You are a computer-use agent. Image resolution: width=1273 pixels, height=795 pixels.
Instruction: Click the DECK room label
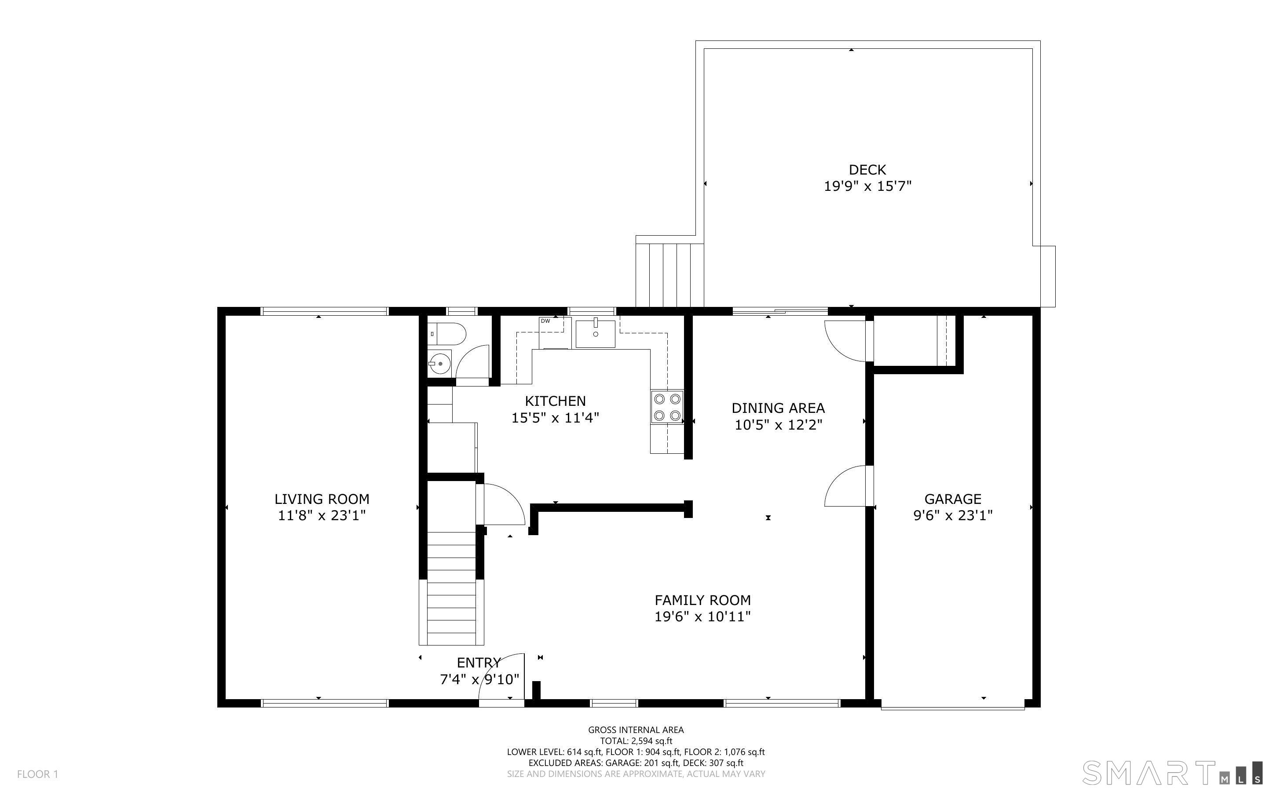coord(867,170)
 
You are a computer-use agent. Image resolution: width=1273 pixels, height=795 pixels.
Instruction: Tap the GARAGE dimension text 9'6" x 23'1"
coord(953,515)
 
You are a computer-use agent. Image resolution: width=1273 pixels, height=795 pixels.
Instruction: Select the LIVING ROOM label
coord(322,499)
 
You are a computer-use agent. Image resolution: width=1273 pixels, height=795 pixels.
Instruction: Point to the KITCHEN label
coord(555,401)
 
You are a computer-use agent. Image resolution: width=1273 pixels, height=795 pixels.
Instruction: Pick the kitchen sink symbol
coord(595,333)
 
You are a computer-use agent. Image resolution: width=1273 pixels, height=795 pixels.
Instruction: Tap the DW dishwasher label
coord(545,321)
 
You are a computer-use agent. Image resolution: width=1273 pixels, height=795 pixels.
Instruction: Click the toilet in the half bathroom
coord(446,334)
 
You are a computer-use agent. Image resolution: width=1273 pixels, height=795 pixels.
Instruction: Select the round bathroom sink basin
coord(439,363)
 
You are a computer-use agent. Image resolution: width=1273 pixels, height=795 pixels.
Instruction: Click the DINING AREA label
coord(778,408)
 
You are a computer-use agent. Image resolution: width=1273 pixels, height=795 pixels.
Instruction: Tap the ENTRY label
coord(479,663)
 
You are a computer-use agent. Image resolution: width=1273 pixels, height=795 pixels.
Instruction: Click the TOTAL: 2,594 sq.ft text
coord(636,741)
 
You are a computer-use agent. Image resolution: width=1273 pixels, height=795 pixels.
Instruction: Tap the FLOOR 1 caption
coord(37,774)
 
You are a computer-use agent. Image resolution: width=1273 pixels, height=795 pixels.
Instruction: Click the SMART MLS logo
coord(1172,773)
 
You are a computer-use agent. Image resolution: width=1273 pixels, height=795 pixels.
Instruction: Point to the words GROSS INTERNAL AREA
coord(636,730)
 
